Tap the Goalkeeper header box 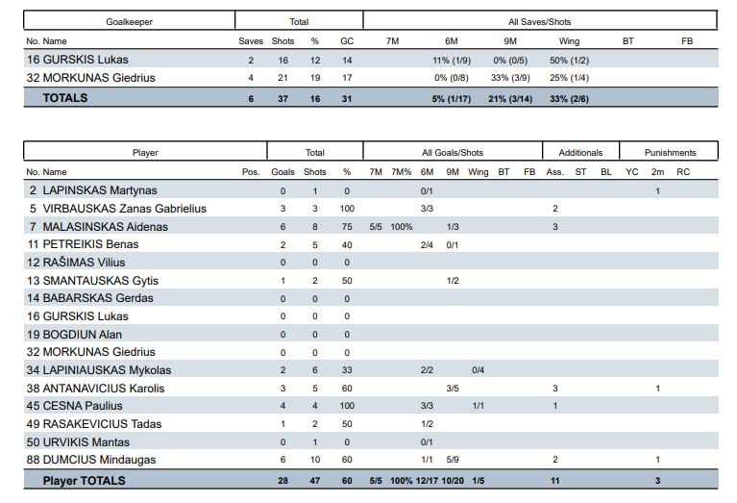[x=130, y=20]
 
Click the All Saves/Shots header [x=539, y=20]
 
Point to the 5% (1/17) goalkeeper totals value [x=451, y=98]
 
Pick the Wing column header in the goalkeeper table [x=569, y=41]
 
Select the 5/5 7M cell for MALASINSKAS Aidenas [x=376, y=227]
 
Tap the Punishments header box [x=671, y=152]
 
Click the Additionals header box [x=580, y=152]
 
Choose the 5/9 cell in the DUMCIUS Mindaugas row [x=453, y=460]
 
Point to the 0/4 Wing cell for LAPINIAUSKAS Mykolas [x=478, y=370]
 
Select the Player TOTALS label [x=85, y=480]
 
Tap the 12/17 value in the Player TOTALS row [x=427, y=480]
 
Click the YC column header [x=631, y=172]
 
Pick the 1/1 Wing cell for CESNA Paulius [x=478, y=406]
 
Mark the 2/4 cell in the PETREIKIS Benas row [x=427, y=245]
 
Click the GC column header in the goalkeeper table [x=347, y=41]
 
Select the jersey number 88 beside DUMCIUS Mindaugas [x=33, y=460]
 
